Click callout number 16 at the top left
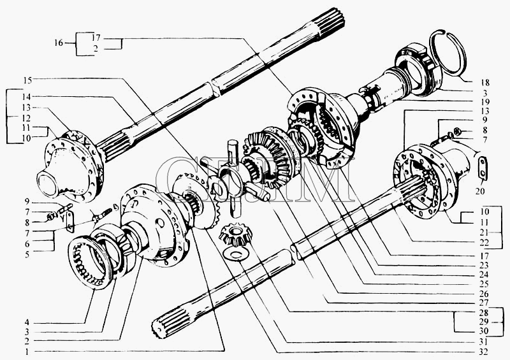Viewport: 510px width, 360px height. click(x=58, y=43)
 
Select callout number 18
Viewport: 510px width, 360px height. click(x=485, y=82)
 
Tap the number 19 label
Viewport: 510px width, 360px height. click(x=485, y=102)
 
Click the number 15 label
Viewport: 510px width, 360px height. click(x=27, y=80)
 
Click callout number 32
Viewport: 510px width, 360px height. click(x=485, y=352)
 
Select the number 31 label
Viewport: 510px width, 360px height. click(x=485, y=342)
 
